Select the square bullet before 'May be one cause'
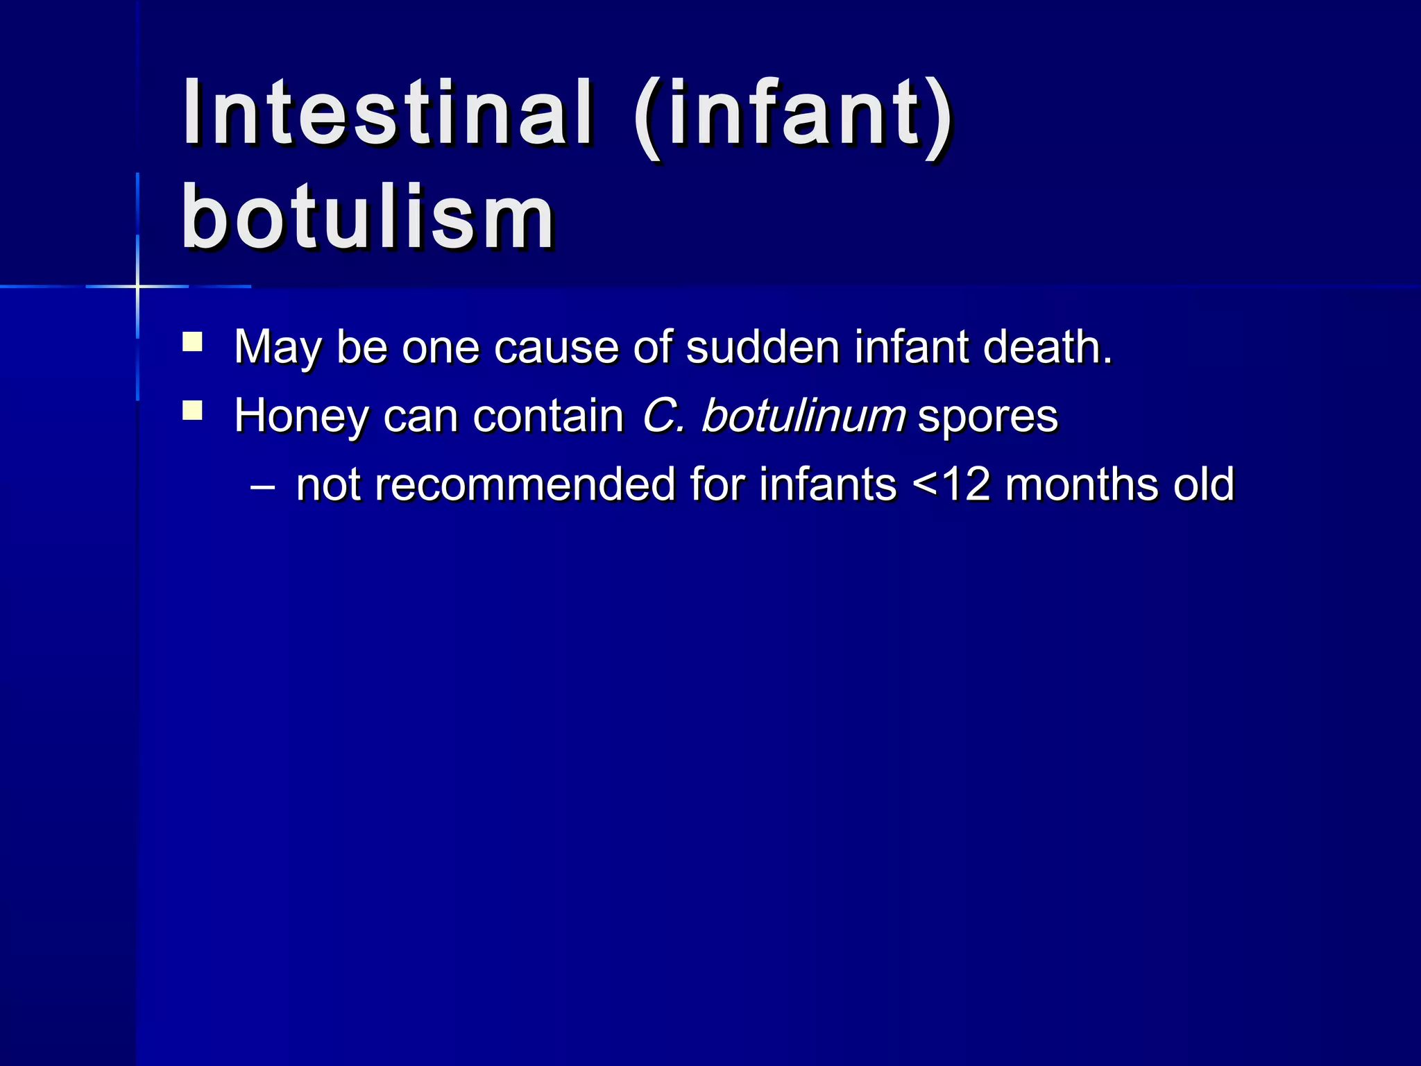(x=192, y=342)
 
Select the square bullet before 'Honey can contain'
(x=192, y=411)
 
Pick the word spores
(x=987, y=416)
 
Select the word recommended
(x=525, y=484)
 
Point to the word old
(x=1203, y=484)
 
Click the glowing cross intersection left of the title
(x=137, y=286)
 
